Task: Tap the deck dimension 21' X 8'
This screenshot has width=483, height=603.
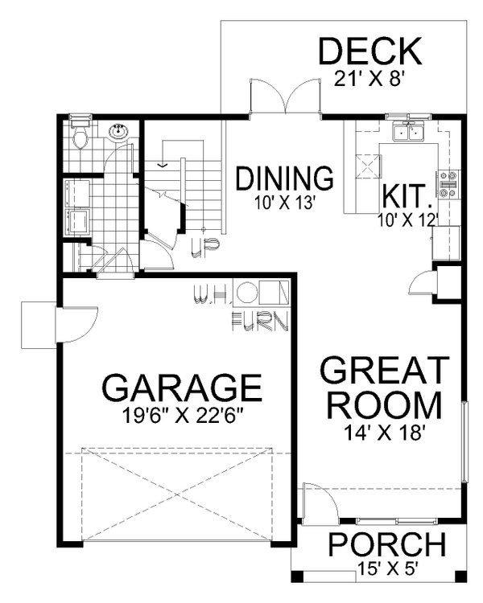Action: [x=369, y=79]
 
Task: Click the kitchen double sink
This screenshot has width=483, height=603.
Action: [x=409, y=132]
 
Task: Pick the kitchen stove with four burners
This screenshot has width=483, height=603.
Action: [x=448, y=185]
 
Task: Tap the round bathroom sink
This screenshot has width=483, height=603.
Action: [x=119, y=132]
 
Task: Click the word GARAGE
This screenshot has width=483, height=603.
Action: [x=182, y=388]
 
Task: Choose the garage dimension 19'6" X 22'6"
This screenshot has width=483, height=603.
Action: [x=182, y=416]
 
